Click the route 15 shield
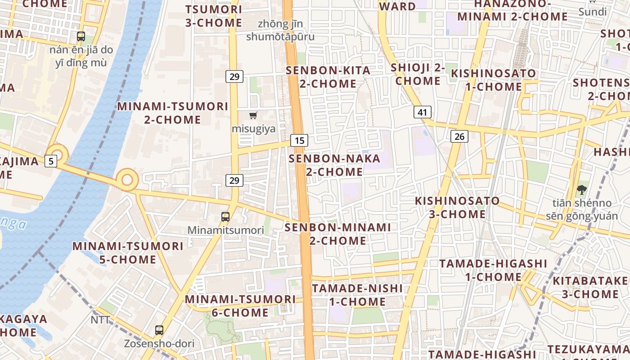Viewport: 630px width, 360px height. point(299,140)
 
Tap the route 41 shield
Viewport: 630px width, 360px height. point(422,112)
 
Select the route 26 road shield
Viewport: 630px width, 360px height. point(459,136)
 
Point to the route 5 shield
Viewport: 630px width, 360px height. point(51,161)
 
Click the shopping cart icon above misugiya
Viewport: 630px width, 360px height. point(253,116)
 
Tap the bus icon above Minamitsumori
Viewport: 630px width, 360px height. point(225,217)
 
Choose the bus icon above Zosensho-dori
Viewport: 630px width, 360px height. point(159,330)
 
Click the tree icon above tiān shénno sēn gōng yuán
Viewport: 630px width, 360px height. point(581,189)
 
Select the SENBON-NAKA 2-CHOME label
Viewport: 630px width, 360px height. point(334,165)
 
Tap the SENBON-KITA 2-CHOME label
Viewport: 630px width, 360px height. point(328,77)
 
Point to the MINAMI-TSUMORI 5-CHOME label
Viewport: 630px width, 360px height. point(128,253)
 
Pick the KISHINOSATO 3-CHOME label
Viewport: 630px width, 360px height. point(457,207)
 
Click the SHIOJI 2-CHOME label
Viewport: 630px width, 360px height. point(418,74)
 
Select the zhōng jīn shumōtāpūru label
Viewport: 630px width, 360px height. point(280,30)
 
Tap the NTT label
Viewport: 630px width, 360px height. point(100,320)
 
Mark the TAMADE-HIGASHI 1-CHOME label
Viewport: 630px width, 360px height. point(493,270)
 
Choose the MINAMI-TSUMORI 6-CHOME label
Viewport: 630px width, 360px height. point(240,306)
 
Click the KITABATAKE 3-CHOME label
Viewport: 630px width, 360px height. point(590,288)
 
